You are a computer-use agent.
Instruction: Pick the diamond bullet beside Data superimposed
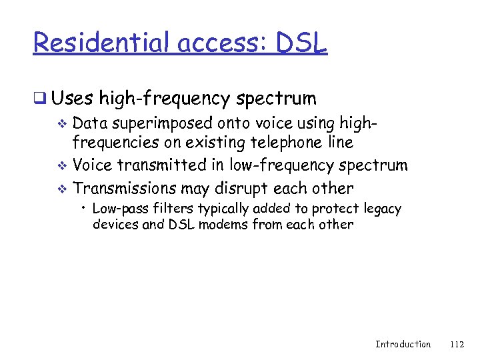(x=63, y=124)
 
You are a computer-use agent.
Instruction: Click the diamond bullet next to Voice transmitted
(x=63, y=165)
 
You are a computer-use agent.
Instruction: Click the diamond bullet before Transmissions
(x=63, y=189)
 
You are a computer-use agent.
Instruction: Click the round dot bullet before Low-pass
(x=85, y=209)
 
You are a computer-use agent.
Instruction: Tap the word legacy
(x=383, y=209)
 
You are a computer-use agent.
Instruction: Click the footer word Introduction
(x=403, y=344)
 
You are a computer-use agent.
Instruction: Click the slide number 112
(x=457, y=344)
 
